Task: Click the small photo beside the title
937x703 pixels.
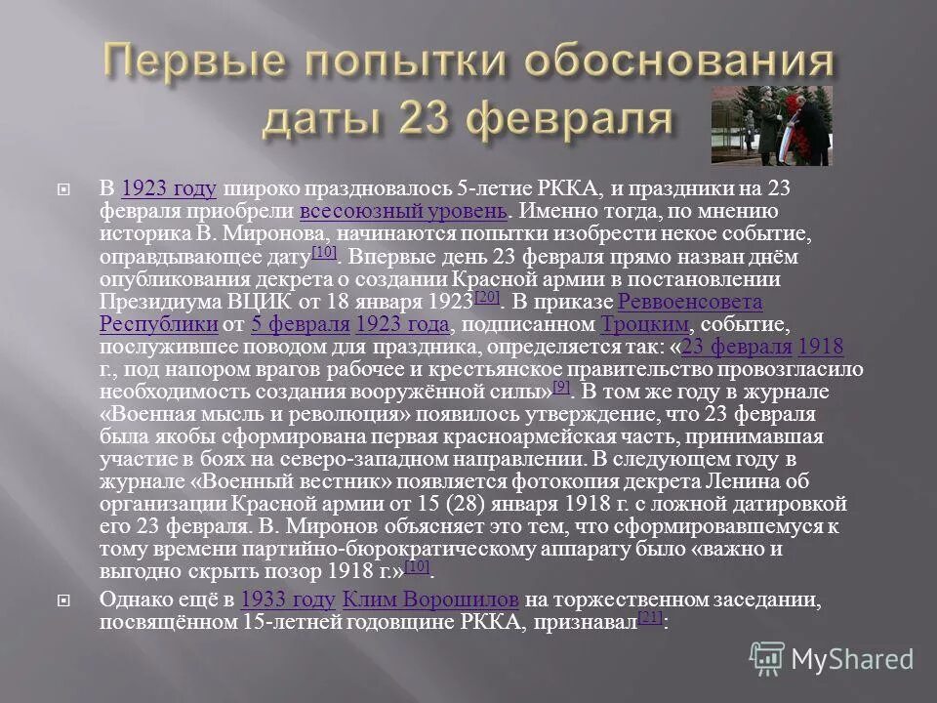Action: (771, 124)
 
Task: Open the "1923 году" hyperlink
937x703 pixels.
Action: (170, 188)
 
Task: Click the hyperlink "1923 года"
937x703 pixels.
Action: (403, 324)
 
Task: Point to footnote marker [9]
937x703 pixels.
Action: (560, 387)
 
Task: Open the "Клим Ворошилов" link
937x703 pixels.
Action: (431, 599)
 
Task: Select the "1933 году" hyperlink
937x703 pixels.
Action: (288, 599)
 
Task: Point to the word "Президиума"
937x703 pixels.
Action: (147, 302)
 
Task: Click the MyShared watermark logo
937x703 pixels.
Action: (833, 657)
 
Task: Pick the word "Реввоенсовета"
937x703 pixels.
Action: (690, 302)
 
